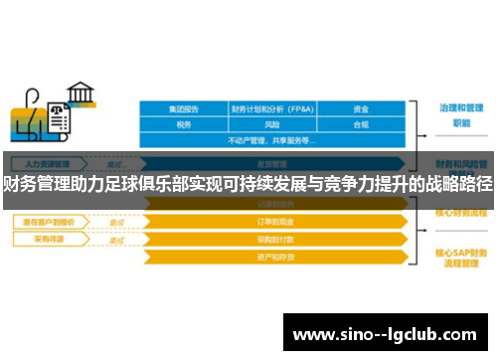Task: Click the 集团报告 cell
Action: click(x=184, y=109)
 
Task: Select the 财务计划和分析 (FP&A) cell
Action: click(x=273, y=109)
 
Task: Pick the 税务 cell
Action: click(x=184, y=125)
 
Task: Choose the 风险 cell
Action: click(x=273, y=125)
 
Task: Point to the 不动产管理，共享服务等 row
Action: click(x=273, y=141)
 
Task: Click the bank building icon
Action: click(x=81, y=95)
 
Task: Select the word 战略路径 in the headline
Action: click(x=459, y=182)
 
